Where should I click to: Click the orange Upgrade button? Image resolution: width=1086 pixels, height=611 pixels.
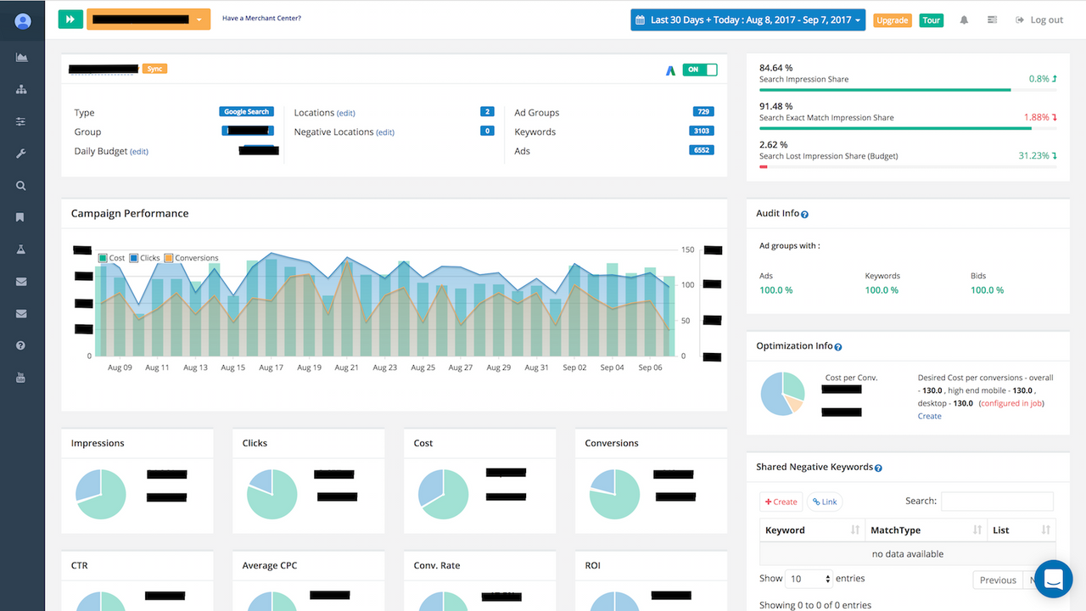point(892,20)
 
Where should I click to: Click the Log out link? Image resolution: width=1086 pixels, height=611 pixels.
point(1039,20)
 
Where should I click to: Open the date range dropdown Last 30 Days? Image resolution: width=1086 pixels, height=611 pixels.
point(747,20)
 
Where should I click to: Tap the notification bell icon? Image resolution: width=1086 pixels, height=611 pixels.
point(964,20)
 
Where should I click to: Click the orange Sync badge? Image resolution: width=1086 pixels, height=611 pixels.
point(154,69)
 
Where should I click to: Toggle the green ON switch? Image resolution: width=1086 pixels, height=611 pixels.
point(700,70)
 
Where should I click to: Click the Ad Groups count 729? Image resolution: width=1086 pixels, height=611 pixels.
point(702,112)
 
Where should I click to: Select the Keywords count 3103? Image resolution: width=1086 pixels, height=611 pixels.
point(702,132)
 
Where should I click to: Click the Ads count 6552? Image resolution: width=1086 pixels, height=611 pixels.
point(702,150)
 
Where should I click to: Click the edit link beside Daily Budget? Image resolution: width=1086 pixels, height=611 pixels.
point(139,152)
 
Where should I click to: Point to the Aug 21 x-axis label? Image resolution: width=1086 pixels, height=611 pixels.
point(346,367)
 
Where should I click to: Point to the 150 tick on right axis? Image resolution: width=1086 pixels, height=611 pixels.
point(687,250)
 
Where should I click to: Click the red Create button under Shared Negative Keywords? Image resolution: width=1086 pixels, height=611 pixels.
point(781,502)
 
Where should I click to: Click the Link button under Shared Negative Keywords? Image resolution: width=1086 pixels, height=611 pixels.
point(825,502)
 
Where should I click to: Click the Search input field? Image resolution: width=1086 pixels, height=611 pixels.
point(997,501)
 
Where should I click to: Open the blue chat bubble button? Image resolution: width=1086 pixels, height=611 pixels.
point(1054,580)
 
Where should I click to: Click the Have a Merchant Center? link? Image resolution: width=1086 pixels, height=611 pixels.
point(261,18)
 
